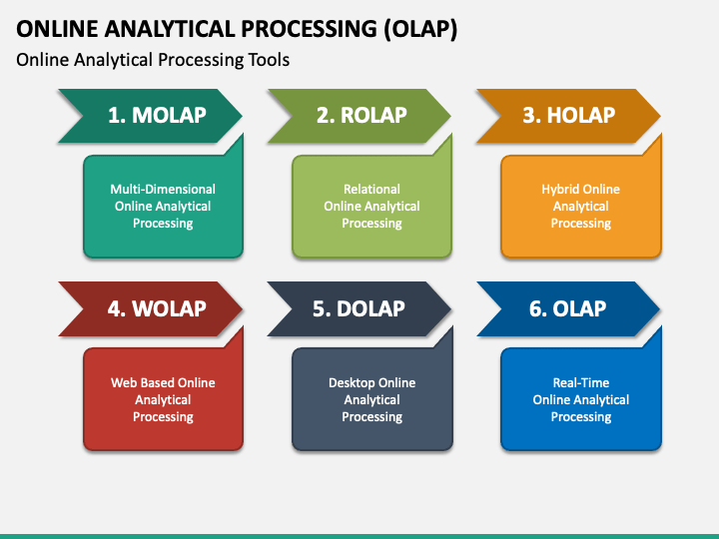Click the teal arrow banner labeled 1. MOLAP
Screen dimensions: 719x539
tap(151, 116)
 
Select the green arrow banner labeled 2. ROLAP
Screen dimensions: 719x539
tap(359, 116)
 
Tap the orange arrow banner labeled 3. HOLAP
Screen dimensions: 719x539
tap(568, 116)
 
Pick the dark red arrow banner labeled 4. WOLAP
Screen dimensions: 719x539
tap(151, 308)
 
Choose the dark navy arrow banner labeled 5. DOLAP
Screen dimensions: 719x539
tap(359, 308)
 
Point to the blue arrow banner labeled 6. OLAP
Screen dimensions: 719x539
tap(568, 308)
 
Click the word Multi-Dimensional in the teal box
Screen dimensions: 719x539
tap(163, 190)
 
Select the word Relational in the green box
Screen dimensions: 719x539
tap(371, 190)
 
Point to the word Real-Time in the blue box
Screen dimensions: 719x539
tap(581, 382)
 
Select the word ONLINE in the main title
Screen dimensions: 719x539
tap(57, 29)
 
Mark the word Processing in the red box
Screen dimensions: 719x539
tap(163, 417)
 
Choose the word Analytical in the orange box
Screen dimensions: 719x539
tap(581, 207)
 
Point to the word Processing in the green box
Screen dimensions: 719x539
tap(371, 224)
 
